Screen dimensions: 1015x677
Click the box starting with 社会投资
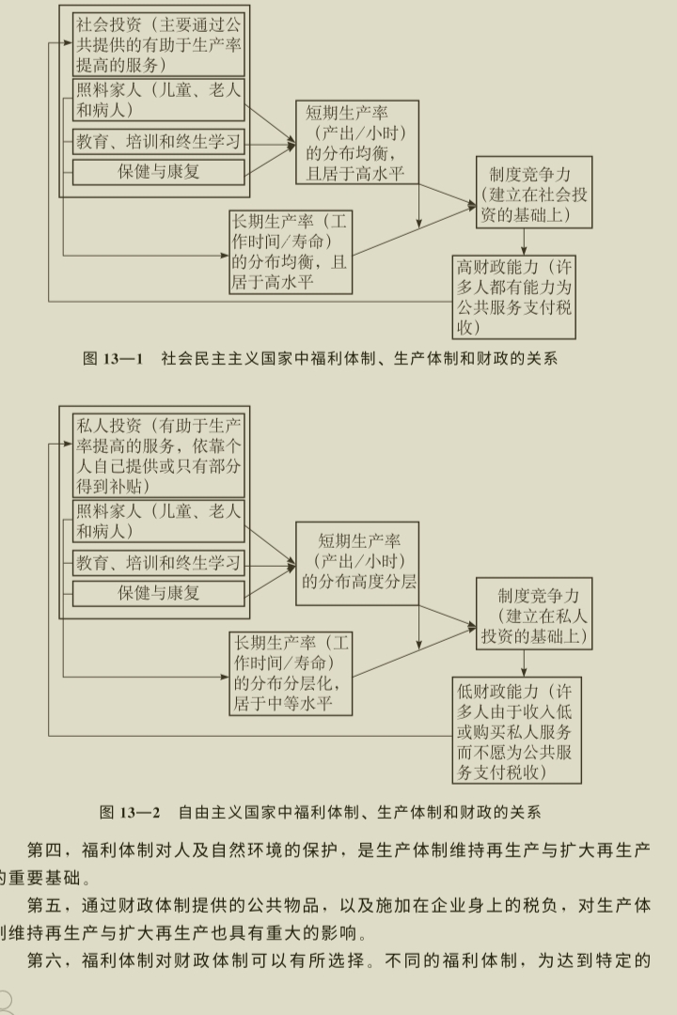click(x=159, y=43)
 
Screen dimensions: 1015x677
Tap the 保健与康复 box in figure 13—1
click(x=159, y=172)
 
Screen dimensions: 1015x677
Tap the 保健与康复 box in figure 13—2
click(x=159, y=593)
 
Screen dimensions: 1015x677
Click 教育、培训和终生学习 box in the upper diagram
click(x=159, y=143)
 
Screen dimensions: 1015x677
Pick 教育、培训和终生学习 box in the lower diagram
click(x=159, y=564)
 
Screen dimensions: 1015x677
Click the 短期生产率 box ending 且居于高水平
click(x=357, y=143)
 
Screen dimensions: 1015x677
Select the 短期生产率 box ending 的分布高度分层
click(x=357, y=562)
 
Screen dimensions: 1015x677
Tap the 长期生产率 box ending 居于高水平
click(x=291, y=253)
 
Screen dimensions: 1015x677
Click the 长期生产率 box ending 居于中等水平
click(x=291, y=674)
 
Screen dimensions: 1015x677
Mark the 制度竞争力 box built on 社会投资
click(x=535, y=193)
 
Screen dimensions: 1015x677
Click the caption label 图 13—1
click(x=112, y=358)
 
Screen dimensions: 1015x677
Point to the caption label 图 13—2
click(x=130, y=811)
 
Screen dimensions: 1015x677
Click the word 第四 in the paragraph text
click(x=45, y=851)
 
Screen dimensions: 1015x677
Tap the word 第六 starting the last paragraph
click(x=45, y=961)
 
